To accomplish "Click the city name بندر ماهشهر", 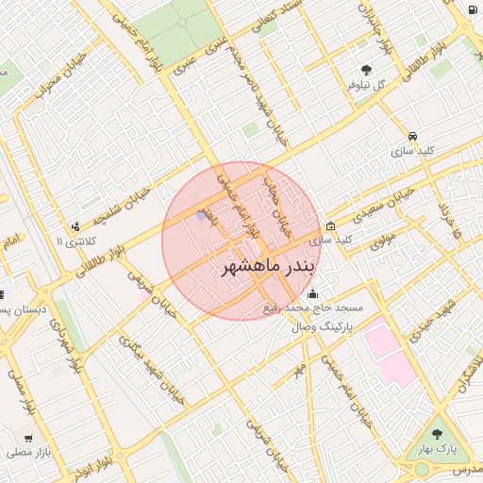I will (268, 267).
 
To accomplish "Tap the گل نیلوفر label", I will (368, 85).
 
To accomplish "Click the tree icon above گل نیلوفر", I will (366, 69).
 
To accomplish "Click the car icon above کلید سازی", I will (413, 135).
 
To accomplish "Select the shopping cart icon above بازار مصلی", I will (28, 438).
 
